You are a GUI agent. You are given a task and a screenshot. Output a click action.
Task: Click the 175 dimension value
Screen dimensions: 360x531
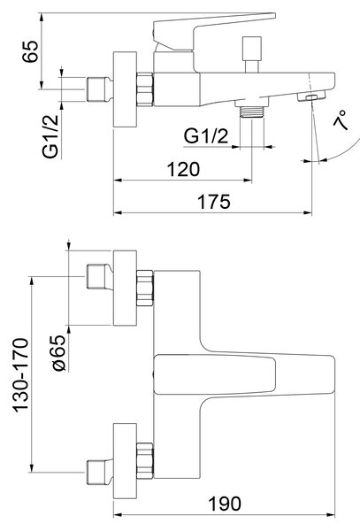(214, 202)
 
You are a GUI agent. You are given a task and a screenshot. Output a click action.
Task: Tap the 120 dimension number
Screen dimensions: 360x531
(183, 169)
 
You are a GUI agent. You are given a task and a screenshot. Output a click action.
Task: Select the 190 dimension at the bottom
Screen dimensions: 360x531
(225, 504)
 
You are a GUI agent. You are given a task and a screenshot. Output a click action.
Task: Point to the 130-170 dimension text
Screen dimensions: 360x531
(20, 375)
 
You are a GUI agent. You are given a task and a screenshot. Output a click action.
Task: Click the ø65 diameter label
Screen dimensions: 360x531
(59, 352)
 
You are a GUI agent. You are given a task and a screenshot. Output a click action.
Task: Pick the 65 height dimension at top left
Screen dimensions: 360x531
(30, 51)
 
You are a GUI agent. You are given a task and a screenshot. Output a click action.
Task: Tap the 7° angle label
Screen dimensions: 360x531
(341, 119)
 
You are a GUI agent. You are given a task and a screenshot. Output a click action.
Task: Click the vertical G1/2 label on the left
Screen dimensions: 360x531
(50, 137)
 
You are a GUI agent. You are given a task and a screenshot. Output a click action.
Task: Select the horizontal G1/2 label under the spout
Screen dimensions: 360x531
(206, 136)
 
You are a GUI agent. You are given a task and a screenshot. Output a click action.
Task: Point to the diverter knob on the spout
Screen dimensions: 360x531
(252, 54)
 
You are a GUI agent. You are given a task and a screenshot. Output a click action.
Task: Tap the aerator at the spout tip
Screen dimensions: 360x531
(311, 96)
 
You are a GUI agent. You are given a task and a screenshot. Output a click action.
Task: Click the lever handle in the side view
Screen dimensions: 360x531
(214, 31)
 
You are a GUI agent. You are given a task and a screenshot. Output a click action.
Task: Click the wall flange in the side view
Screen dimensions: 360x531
(125, 89)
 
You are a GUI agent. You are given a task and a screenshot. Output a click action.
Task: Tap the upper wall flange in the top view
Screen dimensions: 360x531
(125, 289)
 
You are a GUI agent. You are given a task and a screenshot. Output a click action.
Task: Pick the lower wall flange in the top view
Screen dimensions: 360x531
(125, 461)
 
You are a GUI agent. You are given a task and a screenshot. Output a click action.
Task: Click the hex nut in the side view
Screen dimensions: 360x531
(145, 89)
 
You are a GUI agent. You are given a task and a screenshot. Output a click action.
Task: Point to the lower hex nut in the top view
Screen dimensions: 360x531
(145, 460)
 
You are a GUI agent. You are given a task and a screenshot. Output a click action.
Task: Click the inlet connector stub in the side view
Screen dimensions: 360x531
(99, 89)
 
